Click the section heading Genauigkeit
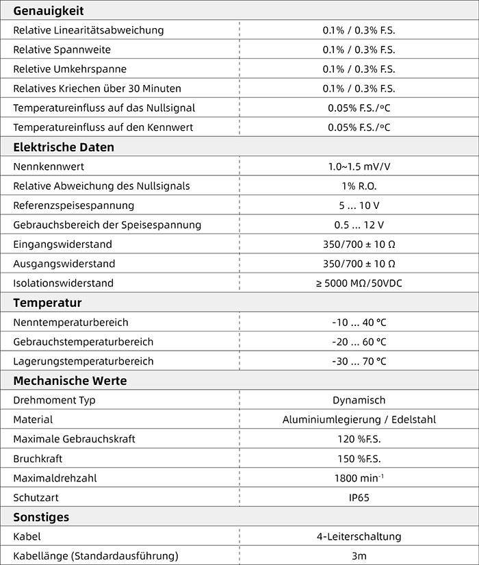tap(48, 11)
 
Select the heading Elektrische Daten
tap(64, 147)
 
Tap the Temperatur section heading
tap(47, 303)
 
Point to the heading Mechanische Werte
tap(70, 381)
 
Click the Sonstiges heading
tap(41, 517)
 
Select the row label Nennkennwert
tap(49, 166)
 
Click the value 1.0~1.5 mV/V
tap(359, 166)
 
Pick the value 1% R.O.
tap(359, 186)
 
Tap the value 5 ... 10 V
tap(359, 205)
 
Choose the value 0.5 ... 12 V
tap(359, 225)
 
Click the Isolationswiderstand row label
tap(63, 283)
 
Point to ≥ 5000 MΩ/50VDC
tap(359, 283)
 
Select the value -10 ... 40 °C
tap(359, 322)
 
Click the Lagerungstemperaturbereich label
tap(83, 361)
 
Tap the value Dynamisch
tap(359, 400)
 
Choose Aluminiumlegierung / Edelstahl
tap(359, 420)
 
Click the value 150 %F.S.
tap(359, 459)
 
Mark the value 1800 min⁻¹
tap(359, 478)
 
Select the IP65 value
tap(359, 498)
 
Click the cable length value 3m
tap(359, 555)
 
